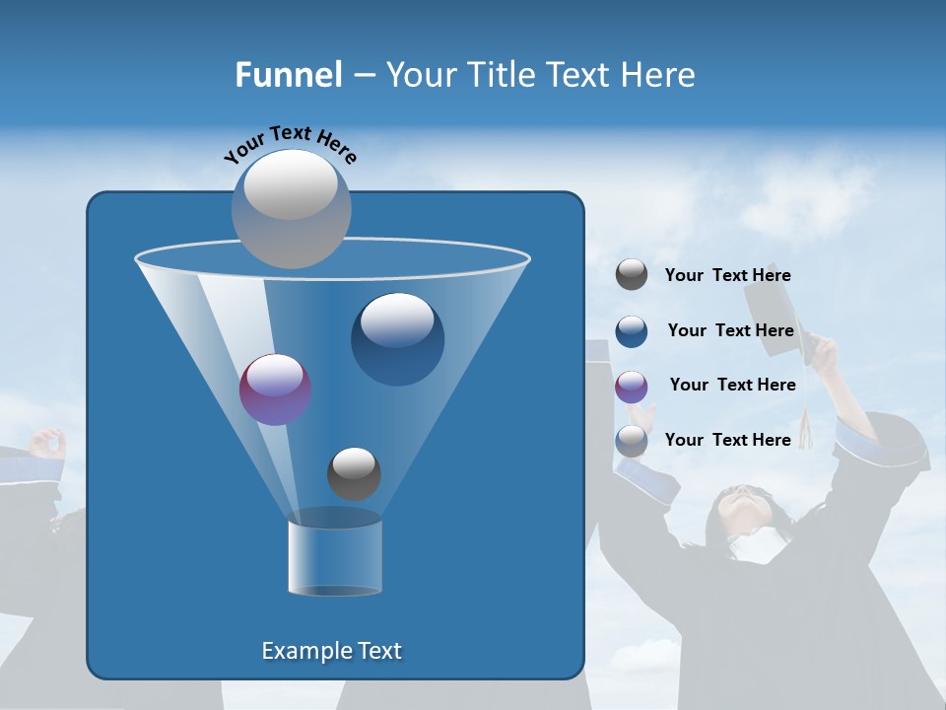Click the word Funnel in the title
coord(288,75)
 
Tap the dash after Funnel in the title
coord(363,76)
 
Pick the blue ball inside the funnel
coord(397,338)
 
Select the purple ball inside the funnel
coord(275,390)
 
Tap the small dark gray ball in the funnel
coord(354,473)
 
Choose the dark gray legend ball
coord(632,274)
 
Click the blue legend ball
coord(632,330)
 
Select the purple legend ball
coord(632,386)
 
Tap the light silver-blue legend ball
coord(632,441)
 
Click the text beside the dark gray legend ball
coord(727,275)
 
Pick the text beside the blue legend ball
coord(730,330)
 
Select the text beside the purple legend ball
coord(732,385)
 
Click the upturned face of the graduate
coord(742,508)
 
